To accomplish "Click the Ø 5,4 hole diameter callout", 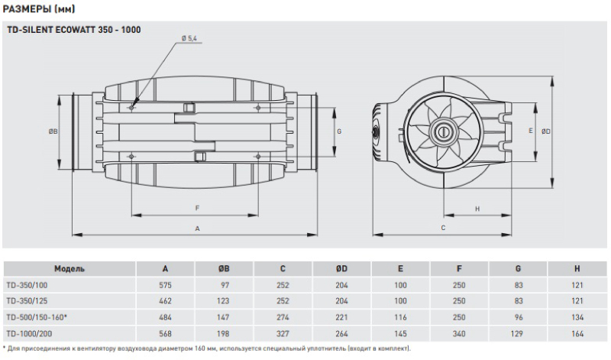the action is [x=189, y=38].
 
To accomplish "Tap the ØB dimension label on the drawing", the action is [x=53, y=131].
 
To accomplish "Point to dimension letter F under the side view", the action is [x=197, y=208].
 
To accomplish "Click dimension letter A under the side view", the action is [x=197, y=229].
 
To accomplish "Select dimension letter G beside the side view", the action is [x=339, y=131].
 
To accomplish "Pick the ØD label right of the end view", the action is [x=546, y=131].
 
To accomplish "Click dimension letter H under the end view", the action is [x=477, y=209].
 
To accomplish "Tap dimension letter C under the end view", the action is [x=443, y=228].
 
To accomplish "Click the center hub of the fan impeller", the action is [x=444, y=131].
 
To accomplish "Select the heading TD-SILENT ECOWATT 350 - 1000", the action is [x=74, y=30].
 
